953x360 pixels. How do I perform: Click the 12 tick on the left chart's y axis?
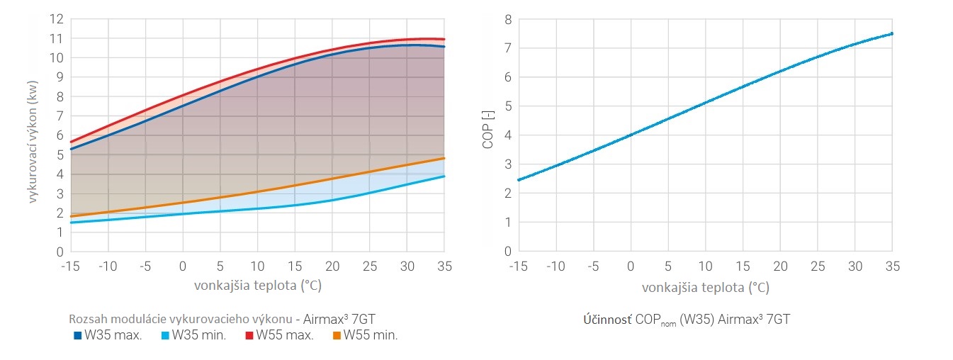pyautogui.click(x=57, y=19)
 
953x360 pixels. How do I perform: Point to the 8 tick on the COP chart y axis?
pyautogui.click(x=507, y=19)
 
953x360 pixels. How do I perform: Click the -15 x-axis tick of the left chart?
pyautogui.click(x=71, y=266)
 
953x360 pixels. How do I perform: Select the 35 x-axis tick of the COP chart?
pyautogui.click(x=892, y=266)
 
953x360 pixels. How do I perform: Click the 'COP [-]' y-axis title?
pyautogui.click(x=487, y=135)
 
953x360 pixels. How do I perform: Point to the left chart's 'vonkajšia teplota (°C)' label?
pyautogui.click(x=257, y=286)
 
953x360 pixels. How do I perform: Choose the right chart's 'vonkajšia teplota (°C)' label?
pyautogui.click(x=705, y=288)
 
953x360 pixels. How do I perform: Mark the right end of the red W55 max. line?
pyautogui.click(x=444, y=39)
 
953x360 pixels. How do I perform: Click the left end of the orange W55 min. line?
pyautogui.click(x=72, y=216)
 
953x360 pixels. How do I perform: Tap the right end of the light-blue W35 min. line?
pyautogui.click(x=444, y=176)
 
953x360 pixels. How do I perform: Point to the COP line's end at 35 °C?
pyautogui.click(x=891, y=33)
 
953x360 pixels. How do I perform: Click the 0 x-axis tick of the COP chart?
pyautogui.click(x=631, y=266)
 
